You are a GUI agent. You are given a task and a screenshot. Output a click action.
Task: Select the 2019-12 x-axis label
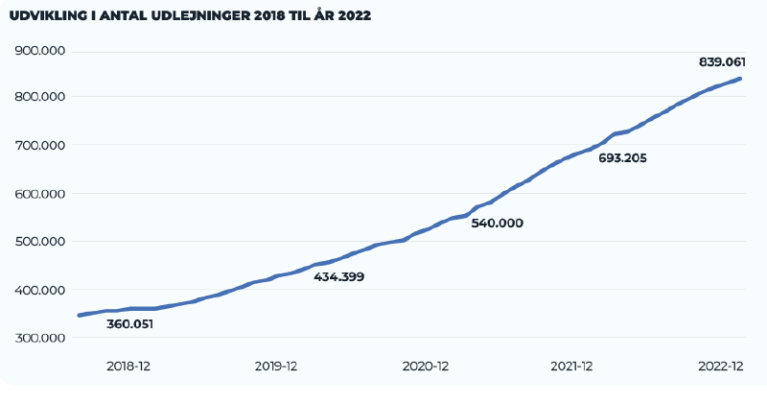[x=277, y=367]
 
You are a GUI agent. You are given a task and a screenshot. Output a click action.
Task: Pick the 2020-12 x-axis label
[x=425, y=367]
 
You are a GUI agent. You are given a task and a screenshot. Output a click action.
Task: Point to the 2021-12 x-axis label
[x=573, y=367]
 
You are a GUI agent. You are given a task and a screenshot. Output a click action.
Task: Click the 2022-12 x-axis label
[x=720, y=367]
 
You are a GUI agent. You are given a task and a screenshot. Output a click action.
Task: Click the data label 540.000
[x=497, y=223]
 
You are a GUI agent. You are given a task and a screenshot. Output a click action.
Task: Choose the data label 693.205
[x=622, y=158]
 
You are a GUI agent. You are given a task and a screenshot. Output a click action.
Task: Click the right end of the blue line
[x=739, y=78]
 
